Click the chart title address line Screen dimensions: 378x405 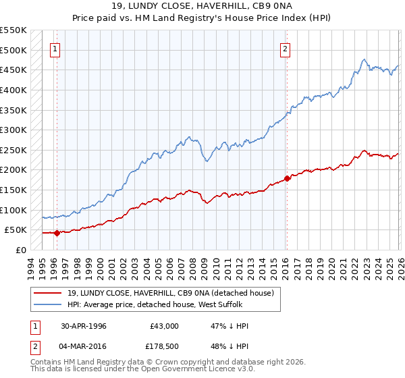(202, 6)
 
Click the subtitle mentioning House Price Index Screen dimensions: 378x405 (202, 18)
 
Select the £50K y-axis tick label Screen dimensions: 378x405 (16, 230)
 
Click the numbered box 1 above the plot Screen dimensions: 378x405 (55, 49)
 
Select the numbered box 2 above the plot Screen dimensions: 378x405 (286, 49)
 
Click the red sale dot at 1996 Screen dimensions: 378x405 (57, 233)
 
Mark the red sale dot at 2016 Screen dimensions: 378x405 (288, 178)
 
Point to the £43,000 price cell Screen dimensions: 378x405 (164, 326)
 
